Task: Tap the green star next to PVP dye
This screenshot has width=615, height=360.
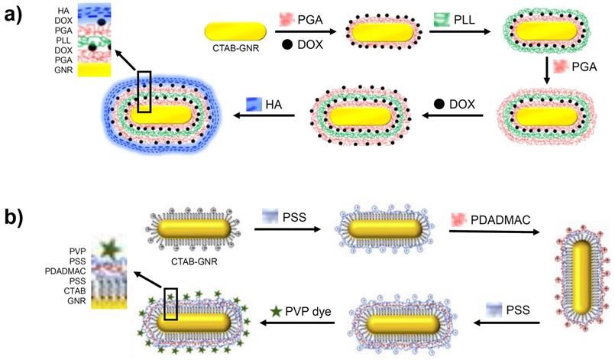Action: [277, 312]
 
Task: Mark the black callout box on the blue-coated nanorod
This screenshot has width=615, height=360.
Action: [144, 92]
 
